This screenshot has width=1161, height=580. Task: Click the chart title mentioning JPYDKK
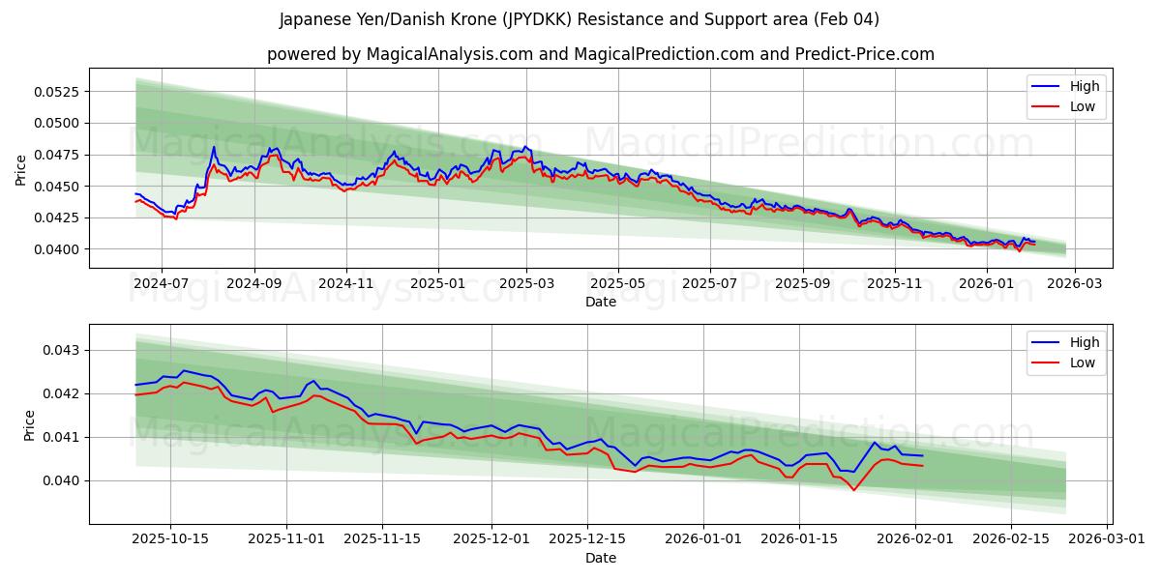579,19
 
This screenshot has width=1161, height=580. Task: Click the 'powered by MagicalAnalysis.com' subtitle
600,54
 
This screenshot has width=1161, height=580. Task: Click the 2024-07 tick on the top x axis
161,284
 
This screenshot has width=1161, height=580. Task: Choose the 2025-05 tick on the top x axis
617,284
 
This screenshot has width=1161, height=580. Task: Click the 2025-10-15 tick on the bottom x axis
171,539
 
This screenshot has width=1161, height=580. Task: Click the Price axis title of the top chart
21,169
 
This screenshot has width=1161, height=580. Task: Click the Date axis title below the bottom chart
600,558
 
